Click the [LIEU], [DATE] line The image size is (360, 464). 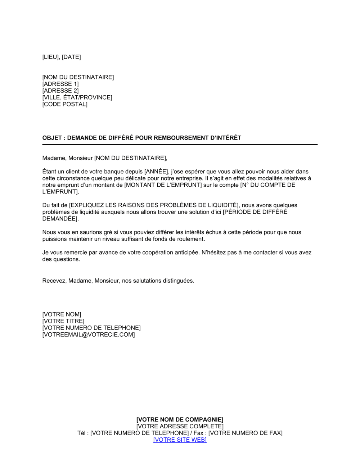(x=62, y=57)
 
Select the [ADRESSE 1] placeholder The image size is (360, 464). (x=60, y=84)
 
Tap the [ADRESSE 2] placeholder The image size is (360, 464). (x=60, y=91)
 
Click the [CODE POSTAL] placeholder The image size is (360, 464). (x=65, y=104)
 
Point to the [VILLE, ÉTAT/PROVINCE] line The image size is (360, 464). (x=77, y=97)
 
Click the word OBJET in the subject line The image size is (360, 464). (x=52, y=138)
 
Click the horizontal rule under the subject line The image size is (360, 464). (x=180, y=145)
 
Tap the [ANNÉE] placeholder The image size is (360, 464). (x=156, y=172)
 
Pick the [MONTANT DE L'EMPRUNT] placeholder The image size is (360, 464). (x=163, y=185)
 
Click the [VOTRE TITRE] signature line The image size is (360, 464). (x=63, y=321)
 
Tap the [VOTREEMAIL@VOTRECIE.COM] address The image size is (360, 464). (x=89, y=335)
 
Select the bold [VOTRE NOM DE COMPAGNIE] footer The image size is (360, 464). (x=180, y=419)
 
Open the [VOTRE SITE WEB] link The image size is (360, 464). (x=180, y=440)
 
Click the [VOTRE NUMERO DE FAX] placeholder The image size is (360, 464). (x=245, y=433)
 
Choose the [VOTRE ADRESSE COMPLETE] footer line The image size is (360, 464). (x=180, y=426)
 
